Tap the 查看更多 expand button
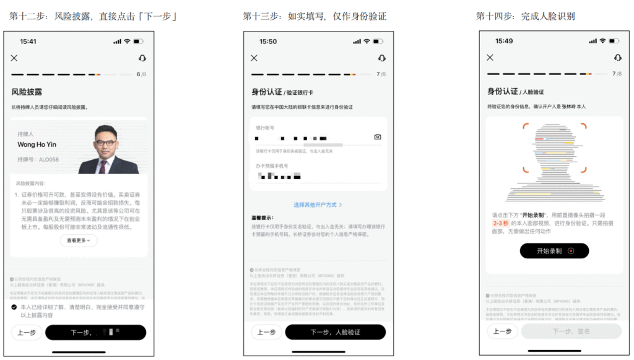pos(79,241)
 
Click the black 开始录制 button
pos(554,251)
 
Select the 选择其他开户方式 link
pos(318,204)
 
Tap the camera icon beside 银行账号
pos(378,137)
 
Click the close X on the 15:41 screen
pos(14,58)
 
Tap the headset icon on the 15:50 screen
pos(381,58)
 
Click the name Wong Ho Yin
pos(37,145)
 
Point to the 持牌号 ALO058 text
pos(38,160)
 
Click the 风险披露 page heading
pos(27,92)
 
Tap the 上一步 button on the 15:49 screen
pos(502,331)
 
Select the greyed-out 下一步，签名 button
pos(571,331)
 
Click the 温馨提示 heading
pos(263,219)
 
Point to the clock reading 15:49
pos(504,42)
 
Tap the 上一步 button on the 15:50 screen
pos(266,332)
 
